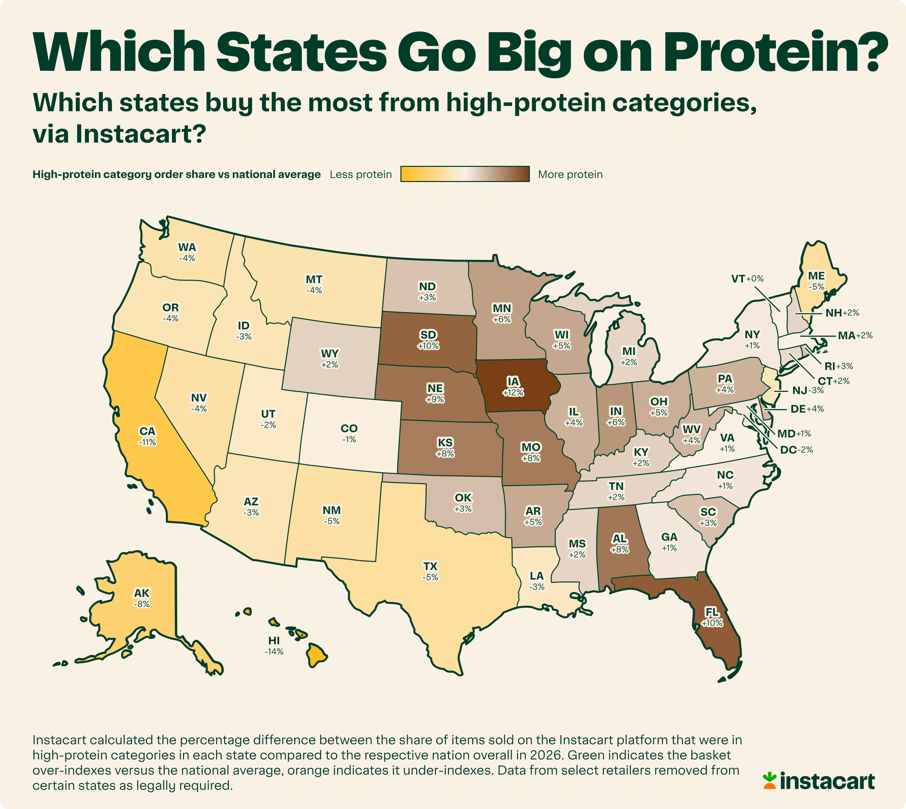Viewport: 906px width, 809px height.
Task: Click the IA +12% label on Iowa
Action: (513, 386)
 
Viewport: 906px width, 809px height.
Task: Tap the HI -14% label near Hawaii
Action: (274, 646)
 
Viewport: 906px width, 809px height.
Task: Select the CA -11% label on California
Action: (147, 436)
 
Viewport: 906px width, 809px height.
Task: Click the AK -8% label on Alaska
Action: (142, 598)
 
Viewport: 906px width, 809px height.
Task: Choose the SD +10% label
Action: (428, 339)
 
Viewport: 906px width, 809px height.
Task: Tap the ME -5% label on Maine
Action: (816, 281)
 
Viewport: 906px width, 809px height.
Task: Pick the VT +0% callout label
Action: (747, 279)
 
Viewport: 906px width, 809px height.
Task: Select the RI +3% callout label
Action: (839, 366)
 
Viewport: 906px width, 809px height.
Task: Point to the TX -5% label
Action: (430, 571)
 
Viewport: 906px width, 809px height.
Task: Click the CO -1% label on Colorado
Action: (349, 433)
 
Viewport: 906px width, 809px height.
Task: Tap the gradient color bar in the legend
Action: (465, 174)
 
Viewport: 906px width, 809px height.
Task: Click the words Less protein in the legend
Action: (361, 174)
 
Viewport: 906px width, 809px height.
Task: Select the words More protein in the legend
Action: (570, 174)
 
